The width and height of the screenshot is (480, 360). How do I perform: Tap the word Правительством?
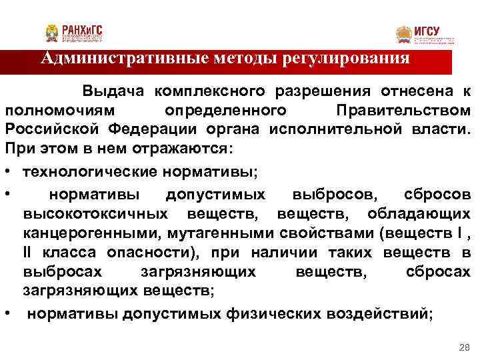(403, 109)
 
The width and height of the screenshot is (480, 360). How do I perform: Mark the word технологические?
(90, 171)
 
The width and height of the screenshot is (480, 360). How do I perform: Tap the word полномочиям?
(59, 109)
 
